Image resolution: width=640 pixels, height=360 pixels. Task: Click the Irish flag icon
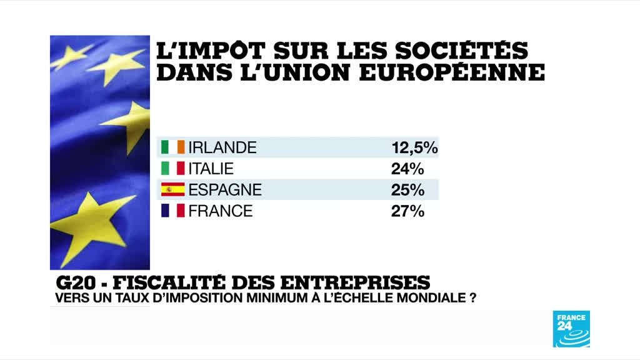pos(172,147)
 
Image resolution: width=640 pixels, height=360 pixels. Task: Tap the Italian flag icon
pos(172,169)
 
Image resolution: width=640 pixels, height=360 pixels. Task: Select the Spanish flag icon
pos(172,189)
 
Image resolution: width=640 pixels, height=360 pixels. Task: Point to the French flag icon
pos(172,211)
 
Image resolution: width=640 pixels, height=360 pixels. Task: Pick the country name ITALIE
pos(211,169)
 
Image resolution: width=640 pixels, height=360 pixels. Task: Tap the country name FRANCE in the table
pos(221,211)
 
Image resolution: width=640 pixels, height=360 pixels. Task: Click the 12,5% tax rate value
pos(414,147)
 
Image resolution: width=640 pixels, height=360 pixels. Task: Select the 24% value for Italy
pos(408,169)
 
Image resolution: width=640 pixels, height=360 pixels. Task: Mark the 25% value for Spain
pos(408,189)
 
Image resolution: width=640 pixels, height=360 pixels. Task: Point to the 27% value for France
pos(408,211)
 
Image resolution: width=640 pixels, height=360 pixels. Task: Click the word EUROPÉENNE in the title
pos(464,72)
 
